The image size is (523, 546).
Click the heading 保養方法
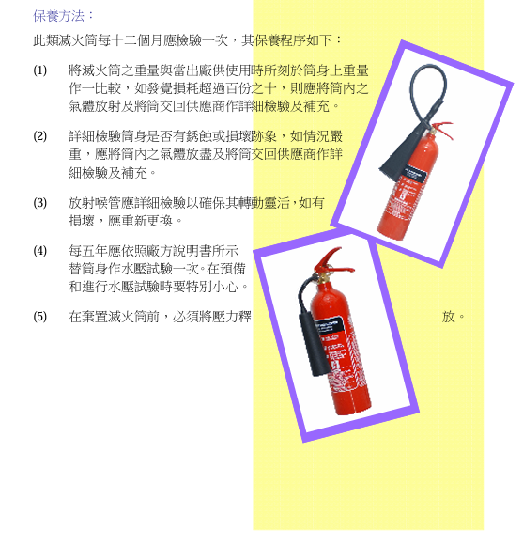[x=64, y=15]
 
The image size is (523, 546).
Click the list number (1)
[x=39, y=70]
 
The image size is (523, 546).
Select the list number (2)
[x=39, y=136]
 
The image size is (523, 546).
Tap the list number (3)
[x=39, y=202]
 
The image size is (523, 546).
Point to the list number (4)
[x=39, y=251]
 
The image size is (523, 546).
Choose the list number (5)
[x=39, y=317]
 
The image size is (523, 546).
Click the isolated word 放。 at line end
[x=454, y=317]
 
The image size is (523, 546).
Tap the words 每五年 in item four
[x=87, y=251]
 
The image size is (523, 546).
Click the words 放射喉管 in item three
[x=94, y=202]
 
